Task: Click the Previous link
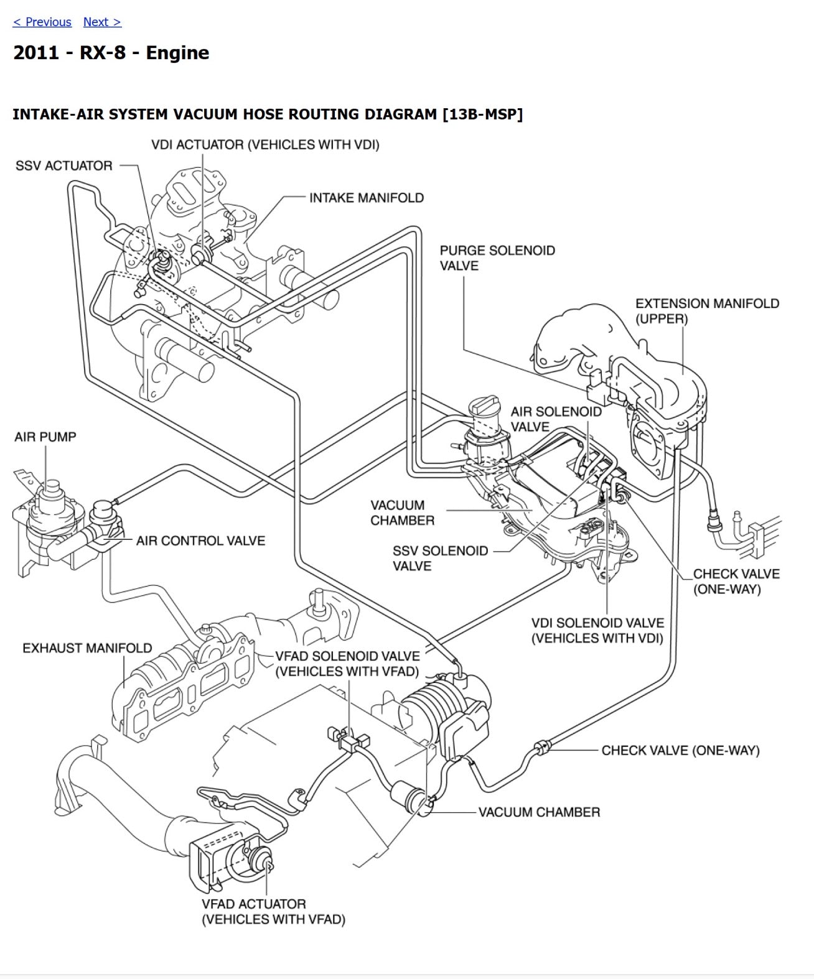42,22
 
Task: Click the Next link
102,22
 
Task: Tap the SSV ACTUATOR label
64,166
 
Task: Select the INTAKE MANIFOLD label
367,198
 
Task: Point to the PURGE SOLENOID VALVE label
497,258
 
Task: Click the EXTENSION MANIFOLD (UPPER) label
707,311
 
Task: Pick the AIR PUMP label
45,437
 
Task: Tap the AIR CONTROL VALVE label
200,541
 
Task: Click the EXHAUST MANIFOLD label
87,648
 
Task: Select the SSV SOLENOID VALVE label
439,558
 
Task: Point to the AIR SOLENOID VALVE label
556,419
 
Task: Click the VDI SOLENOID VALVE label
597,630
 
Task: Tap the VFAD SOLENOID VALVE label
347,663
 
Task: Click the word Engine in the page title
177,53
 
